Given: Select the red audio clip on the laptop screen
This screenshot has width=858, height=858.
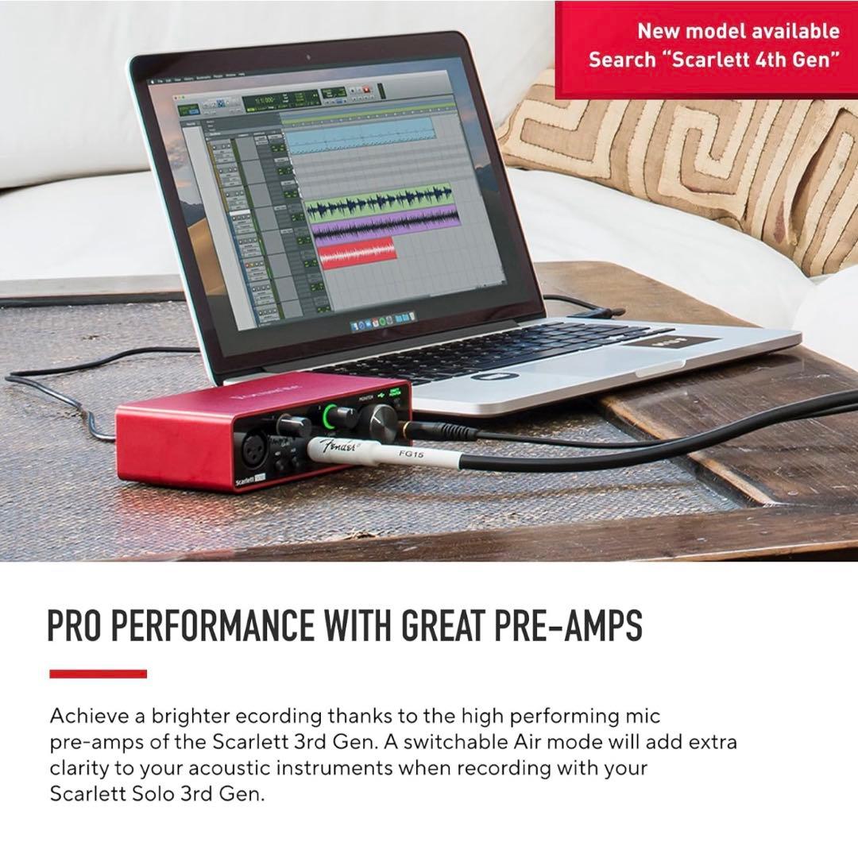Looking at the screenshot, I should pyautogui.click(x=357, y=253).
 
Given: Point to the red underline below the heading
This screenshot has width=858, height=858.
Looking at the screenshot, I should pyautogui.click(x=98, y=674).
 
